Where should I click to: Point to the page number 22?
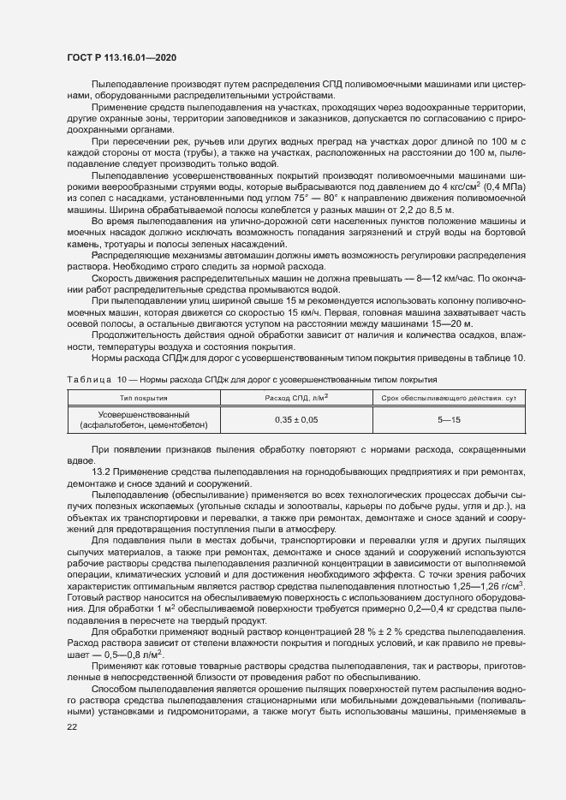pos(73,726)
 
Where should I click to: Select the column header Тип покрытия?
pos(143,398)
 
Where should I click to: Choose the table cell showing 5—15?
pos(448,419)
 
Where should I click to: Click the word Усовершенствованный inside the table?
pos(143,414)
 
